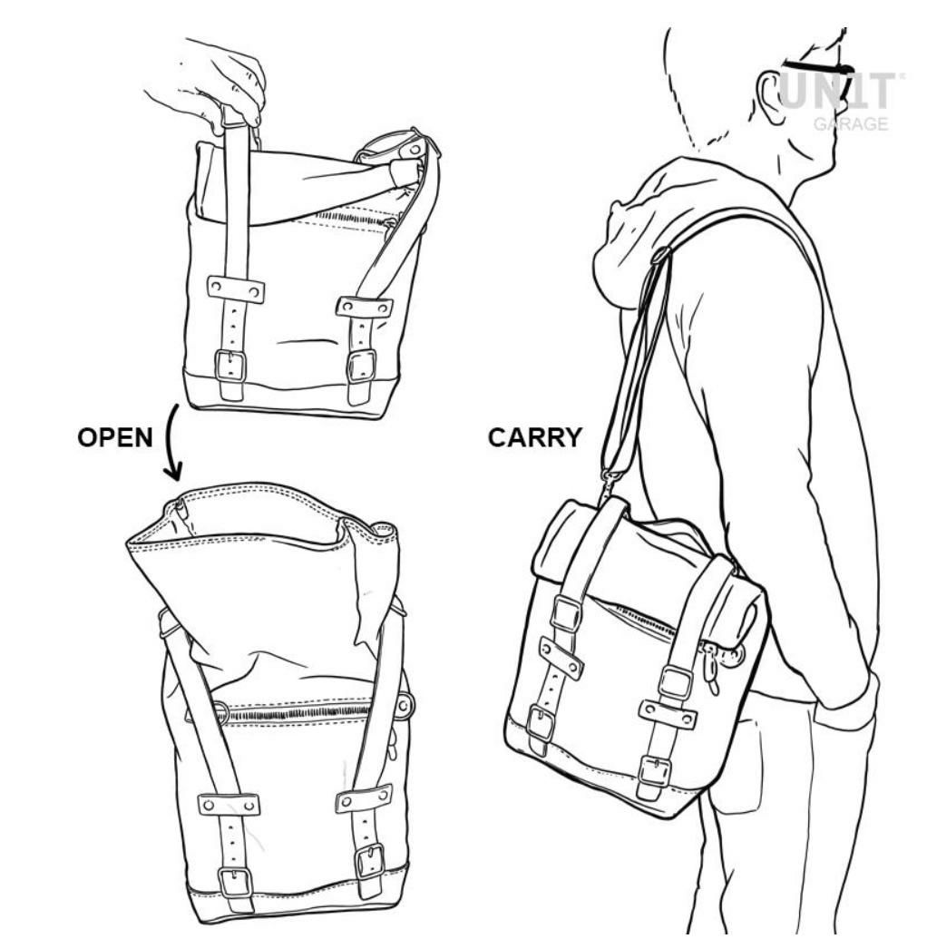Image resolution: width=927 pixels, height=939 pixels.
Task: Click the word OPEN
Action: (x=115, y=437)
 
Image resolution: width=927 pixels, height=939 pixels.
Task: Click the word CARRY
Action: (x=534, y=437)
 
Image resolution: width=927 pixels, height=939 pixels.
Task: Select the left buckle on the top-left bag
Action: (x=230, y=367)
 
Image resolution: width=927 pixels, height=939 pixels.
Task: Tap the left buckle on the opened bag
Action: (x=234, y=882)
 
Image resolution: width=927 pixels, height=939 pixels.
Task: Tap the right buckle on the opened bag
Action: (x=369, y=861)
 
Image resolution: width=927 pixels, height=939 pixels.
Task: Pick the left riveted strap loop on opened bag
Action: (x=229, y=805)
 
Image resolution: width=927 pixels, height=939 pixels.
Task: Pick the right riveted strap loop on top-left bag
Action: (x=364, y=307)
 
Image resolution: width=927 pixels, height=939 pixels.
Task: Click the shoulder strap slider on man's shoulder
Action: (x=659, y=256)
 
